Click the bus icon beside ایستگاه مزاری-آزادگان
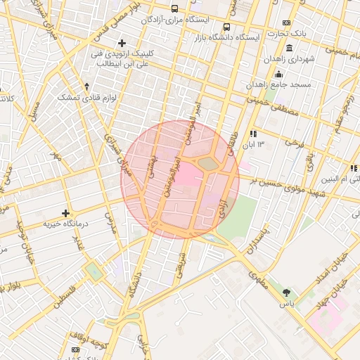174,9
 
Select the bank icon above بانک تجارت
285,22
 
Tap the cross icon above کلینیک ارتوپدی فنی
123,43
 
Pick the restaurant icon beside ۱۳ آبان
253,133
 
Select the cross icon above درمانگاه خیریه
66,212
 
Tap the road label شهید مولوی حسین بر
282,185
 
